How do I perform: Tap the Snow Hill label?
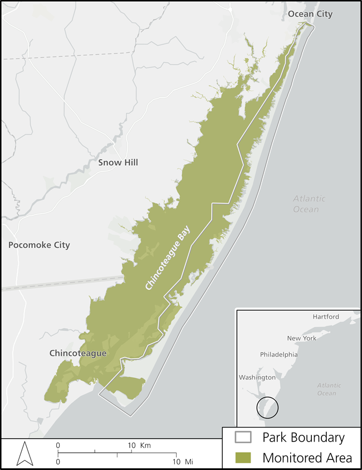click(x=118, y=162)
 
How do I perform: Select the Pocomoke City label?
click(x=39, y=245)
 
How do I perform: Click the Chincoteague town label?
click(x=78, y=353)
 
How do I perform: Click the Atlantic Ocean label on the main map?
click(x=306, y=204)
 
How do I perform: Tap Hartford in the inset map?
click(x=326, y=317)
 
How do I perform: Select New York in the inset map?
click(x=301, y=338)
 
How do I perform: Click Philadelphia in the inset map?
click(x=278, y=354)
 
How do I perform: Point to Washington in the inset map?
click(x=257, y=377)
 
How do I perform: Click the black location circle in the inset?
click(x=267, y=407)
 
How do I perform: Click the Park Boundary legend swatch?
click(x=243, y=438)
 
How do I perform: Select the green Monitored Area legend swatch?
click(x=243, y=457)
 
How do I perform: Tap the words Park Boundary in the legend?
click(x=303, y=438)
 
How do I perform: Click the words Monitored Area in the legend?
click(x=307, y=457)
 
